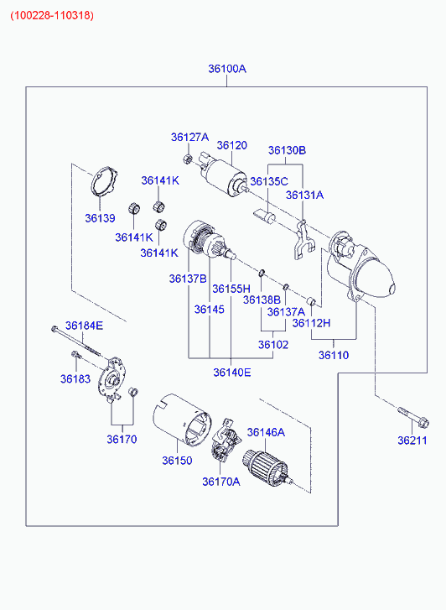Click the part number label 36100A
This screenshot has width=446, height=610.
[227, 69]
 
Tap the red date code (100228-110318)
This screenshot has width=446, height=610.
[52, 16]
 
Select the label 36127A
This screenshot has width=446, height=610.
[189, 137]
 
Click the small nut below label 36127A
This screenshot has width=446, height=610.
[188, 159]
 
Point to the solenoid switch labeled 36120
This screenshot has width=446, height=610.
[224, 175]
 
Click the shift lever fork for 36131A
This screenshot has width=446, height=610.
[303, 240]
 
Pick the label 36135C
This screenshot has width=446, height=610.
[269, 181]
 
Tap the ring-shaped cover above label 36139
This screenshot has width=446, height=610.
[104, 181]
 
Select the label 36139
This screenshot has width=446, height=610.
[101, 218]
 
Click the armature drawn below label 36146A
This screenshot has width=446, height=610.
[267, 468]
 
